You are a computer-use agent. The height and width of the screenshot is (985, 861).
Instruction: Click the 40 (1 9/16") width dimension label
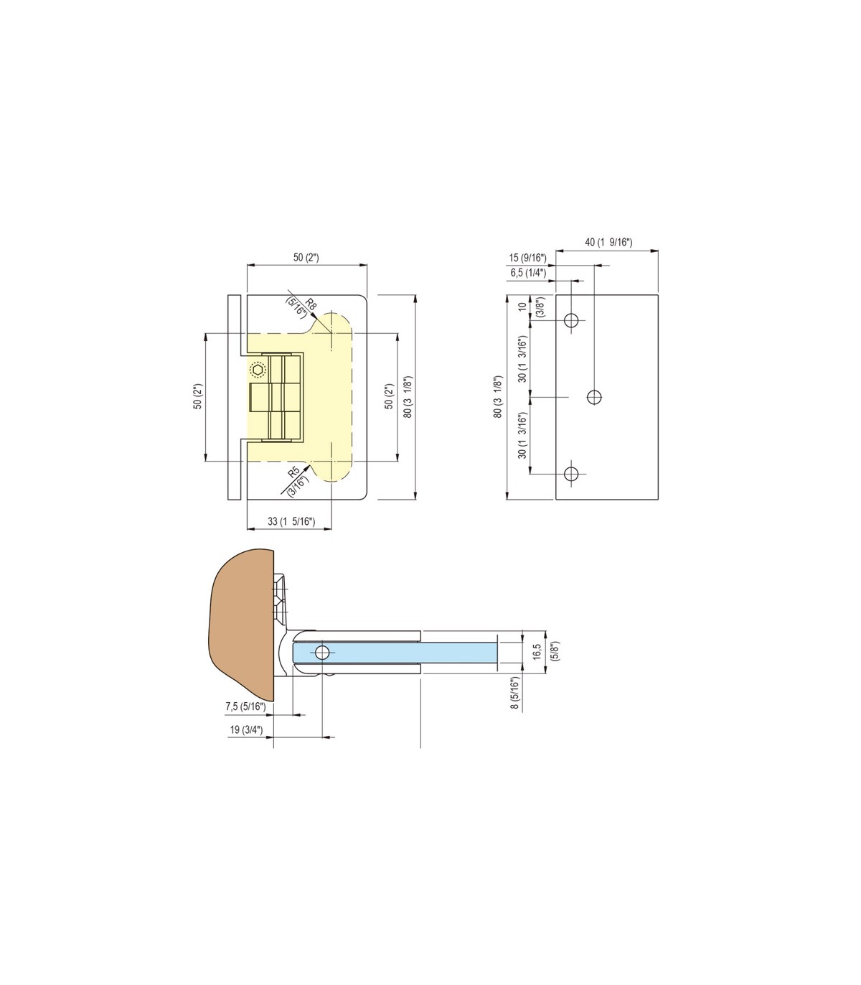tap(608, 242)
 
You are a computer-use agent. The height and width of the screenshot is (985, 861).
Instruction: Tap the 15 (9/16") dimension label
tap(527, 258)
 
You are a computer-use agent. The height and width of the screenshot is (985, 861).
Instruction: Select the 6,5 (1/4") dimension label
tap(528, 273)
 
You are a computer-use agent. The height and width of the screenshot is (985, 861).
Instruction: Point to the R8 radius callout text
tap(311, 304)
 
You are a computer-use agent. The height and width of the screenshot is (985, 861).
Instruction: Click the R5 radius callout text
tap(293, 472)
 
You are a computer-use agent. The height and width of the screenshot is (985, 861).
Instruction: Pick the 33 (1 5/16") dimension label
tap(291, 521)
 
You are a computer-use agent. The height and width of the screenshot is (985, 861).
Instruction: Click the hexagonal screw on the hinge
tap(258, 370)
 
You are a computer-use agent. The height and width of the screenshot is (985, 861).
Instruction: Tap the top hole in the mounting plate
tap(571, 320)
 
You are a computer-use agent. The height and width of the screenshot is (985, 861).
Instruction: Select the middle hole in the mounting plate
tap(595, 397)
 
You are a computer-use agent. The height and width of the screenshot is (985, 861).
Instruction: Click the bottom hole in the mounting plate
tap(571, 475)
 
